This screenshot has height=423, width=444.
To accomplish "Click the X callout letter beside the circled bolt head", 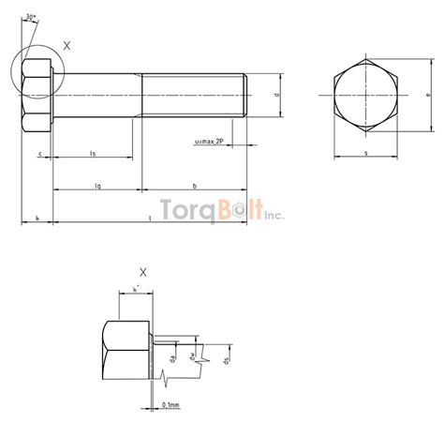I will pyautogui.click(x=67, y=45).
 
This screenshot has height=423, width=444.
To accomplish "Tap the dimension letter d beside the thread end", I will pyautogui.click(x=278, y=95).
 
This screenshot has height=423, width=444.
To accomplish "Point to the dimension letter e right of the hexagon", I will pyautogui.click(x=427, y=95).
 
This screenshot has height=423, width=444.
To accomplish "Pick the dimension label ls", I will pyautogui.click(x=92, y=152).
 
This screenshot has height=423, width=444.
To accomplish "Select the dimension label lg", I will pyautogui.click(x=97, y=187).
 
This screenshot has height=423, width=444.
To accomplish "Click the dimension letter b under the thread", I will pyautogui.click(x=193, y=187).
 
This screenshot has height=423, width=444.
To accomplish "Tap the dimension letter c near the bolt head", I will pyautogui.click(x=40, y=152).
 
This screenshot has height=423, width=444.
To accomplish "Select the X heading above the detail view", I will pyautogui.click(x=142, y=272).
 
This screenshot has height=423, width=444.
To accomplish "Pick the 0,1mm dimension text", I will pyautogui.click(x=171, y=404).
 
